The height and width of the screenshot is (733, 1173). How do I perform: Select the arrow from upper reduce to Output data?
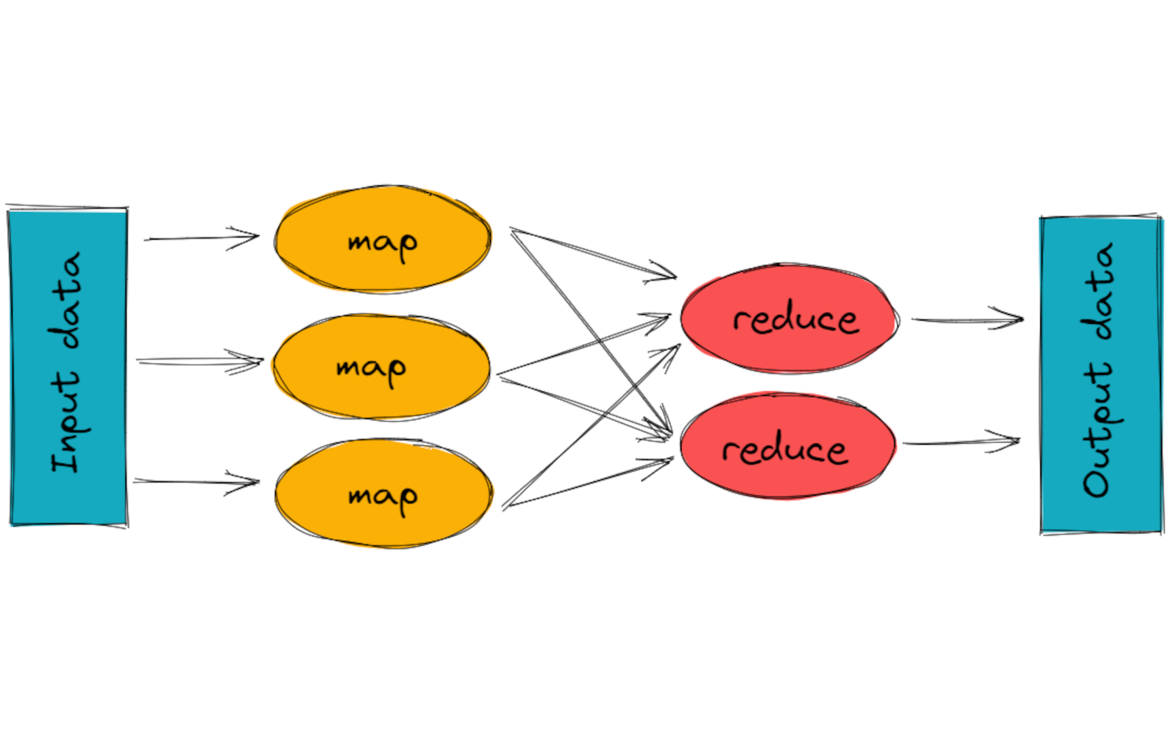tap(967, 320)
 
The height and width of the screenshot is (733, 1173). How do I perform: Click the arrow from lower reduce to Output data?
tap(961, 442)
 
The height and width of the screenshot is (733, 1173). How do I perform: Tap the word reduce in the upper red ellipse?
tap(795, 320)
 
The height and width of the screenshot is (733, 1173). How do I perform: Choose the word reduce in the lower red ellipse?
tap(785, 449)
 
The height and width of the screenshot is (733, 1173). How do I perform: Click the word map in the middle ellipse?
tap(371, 368)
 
